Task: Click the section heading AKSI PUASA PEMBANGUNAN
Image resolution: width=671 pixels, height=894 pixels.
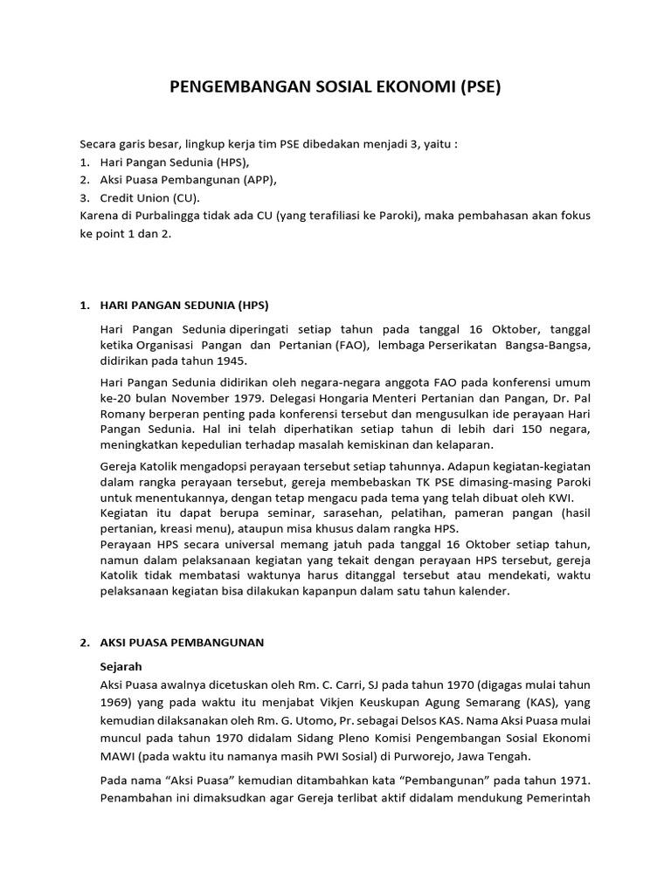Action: pos(183,642)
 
